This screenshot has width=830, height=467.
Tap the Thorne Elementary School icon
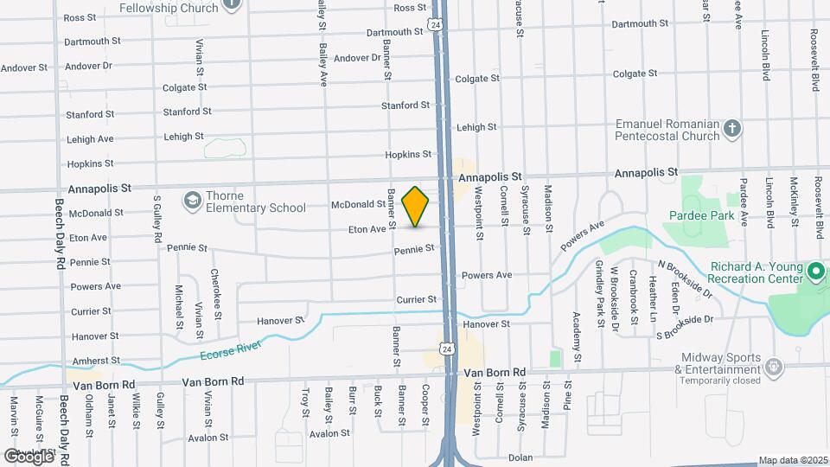click(191, 201)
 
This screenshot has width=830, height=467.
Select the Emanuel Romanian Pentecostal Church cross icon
click(732, 130)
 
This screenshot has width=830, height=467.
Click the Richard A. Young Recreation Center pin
click(814, 273)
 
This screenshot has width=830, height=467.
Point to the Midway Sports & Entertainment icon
click(775, 366)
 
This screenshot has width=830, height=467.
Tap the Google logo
click(29, 456)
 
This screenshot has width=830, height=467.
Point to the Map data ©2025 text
click(793, 460)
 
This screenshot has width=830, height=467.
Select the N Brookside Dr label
click(685, 278)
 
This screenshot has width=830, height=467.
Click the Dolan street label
click(520, 457)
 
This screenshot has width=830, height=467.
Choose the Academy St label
click(576, 330)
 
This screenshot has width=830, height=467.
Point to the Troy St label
click(305, 402)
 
